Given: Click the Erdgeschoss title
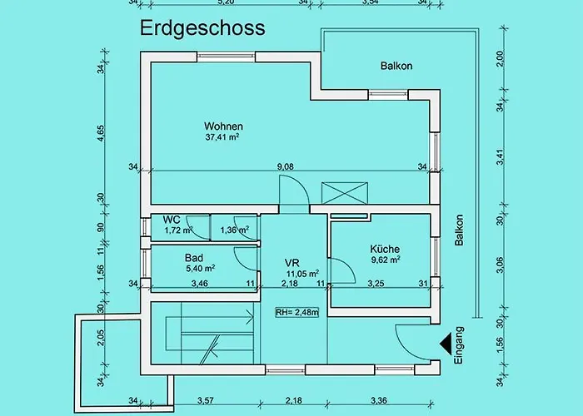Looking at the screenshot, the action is (x=202, y=28).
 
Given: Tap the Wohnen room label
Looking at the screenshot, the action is (x=223, y=126).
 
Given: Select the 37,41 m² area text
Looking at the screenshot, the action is (x=222, y=137).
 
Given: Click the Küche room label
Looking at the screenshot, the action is (x=385, y=249).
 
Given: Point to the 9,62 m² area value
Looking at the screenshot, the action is (x=386, y=260).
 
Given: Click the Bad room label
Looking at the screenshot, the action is (x=194, y=258).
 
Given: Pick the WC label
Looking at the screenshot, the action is (x=172, y=220).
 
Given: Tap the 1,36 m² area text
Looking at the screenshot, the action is (x=235, y=230).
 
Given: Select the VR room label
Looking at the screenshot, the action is (x=291, y=263).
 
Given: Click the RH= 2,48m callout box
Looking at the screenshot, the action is (x=297, y=312).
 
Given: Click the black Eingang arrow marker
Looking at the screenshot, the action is (x=446, y=344).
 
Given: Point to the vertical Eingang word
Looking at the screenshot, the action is (x=459, y=345).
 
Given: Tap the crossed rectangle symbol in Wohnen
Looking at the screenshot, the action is (x=345, y=193).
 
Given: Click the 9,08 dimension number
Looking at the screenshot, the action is (x=285, y=166).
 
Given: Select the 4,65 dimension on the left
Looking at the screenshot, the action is (x=101, y=133).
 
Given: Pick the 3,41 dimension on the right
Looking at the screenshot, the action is (x=501, y=157).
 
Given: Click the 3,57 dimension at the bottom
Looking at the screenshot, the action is (x=206, y=400).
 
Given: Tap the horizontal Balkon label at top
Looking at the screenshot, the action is (x=396, y=66).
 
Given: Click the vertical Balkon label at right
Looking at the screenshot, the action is (x=459, y=230).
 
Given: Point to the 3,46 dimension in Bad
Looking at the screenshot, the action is (x=200, y=284).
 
